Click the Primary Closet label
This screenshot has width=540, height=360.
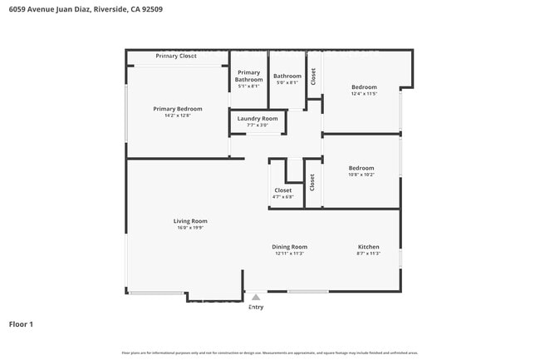click(176, 56)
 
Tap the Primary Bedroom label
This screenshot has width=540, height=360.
click(178, 109)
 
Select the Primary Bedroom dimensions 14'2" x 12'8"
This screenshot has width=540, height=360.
click(178, 116)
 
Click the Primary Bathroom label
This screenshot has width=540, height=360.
click(248, 76)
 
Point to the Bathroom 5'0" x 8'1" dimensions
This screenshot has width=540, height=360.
click(287, 83)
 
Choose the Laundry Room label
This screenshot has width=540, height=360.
click(258, 119)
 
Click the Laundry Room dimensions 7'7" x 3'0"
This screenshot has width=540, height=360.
click(258, 126)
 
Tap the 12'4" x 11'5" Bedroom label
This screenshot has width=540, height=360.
click(364, 87)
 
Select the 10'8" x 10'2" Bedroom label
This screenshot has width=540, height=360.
click(361, 168)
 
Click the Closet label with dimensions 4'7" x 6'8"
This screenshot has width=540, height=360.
click(283, 190)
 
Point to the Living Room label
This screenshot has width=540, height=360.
click(190, 221)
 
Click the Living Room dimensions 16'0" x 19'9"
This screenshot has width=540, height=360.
click(190, 228)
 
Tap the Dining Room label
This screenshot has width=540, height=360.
click(290, 247)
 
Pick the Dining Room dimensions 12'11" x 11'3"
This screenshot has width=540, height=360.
click(290, 254)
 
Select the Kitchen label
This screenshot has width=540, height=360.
click(369, 247)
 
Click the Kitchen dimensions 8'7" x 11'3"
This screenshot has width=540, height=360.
click(369, 254)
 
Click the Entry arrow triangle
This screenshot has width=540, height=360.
click(256, 297)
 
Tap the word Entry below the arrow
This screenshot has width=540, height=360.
click(256, 307)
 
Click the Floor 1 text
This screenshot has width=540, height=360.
click(21, 323)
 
